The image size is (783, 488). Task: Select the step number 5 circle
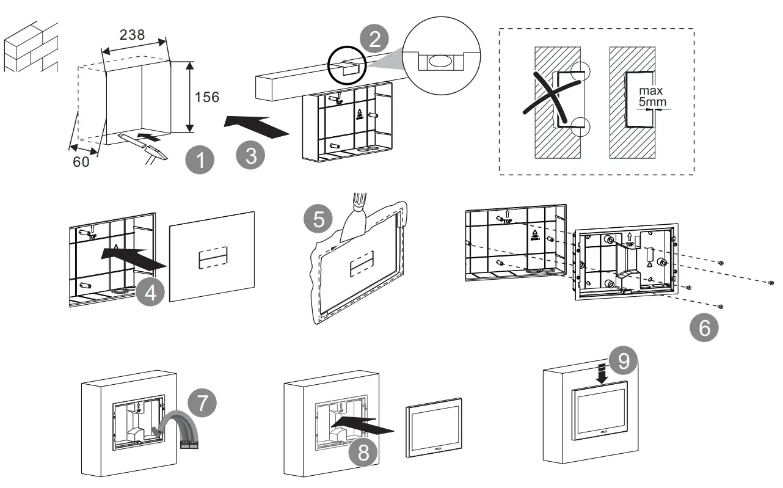[x=319, y=219]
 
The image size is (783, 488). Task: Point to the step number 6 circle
[x=704, y=328]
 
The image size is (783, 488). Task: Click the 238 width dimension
[x=132, y=35]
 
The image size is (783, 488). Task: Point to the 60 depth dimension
[x=81, y=162]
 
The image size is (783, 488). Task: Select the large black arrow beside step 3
[x=255, y=125]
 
